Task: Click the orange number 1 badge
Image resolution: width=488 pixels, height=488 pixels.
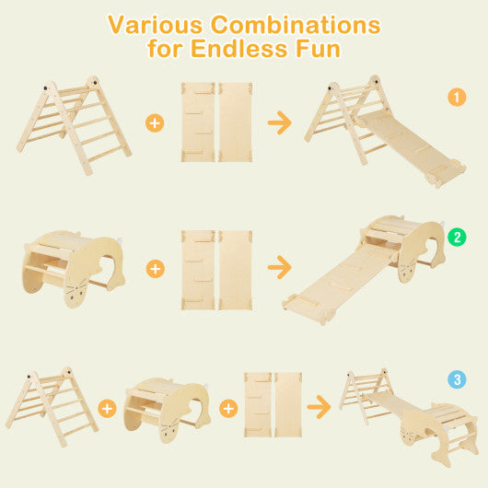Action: click(x=456, y=97)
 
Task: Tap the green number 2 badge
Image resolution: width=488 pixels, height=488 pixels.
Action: click(x=456, y=237)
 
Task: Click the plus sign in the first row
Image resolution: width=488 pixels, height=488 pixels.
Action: click(x=155, y=122)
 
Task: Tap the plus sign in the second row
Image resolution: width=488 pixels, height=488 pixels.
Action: click(x=155, y=268)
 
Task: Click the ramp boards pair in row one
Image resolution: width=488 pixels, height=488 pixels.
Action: click(x=217, y=122)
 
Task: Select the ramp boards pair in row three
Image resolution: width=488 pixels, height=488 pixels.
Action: click(x=273, y=404)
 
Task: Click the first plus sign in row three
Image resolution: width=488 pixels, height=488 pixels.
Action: click(x=108, y=406)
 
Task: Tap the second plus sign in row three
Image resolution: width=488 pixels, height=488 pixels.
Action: click(x=227, y=406)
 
